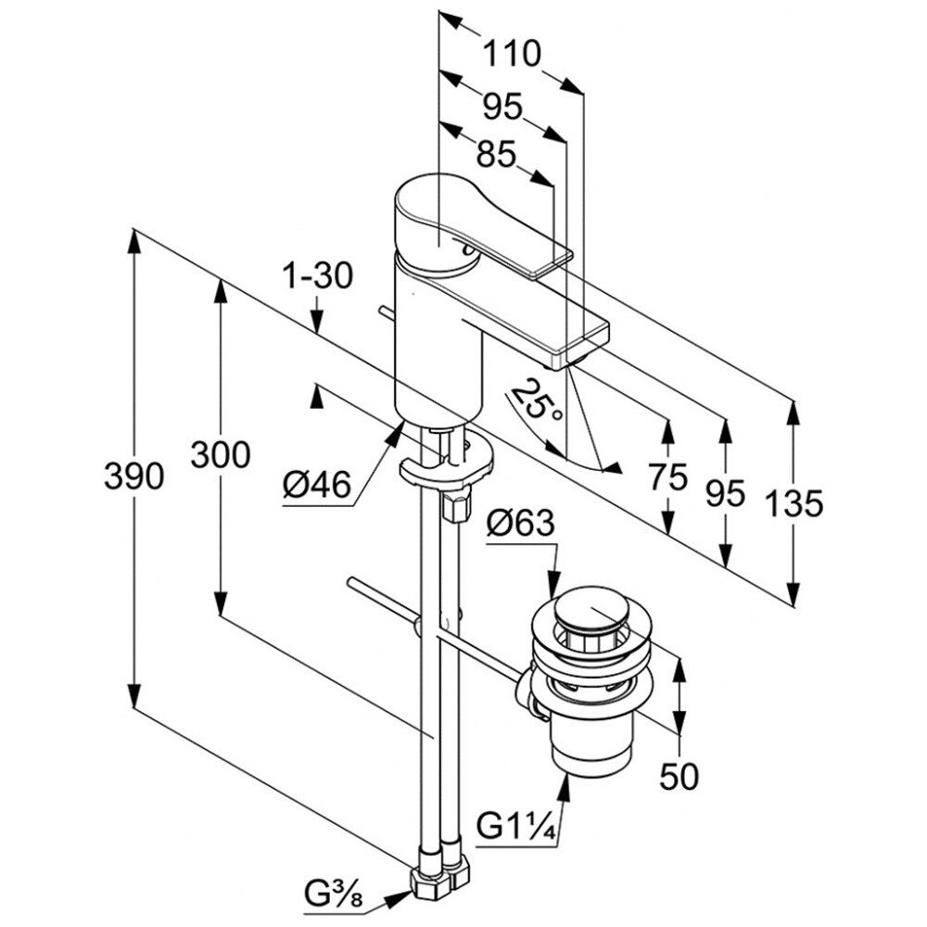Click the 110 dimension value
pos(510,56)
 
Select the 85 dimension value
pos(496,155)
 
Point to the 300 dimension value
pos(220,455)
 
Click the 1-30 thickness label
pos(318,276)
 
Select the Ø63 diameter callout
pos(519,525)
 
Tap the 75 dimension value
pos(667,477)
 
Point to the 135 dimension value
pos(794,504)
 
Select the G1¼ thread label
pos(516,824)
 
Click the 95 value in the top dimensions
pos(502,108)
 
